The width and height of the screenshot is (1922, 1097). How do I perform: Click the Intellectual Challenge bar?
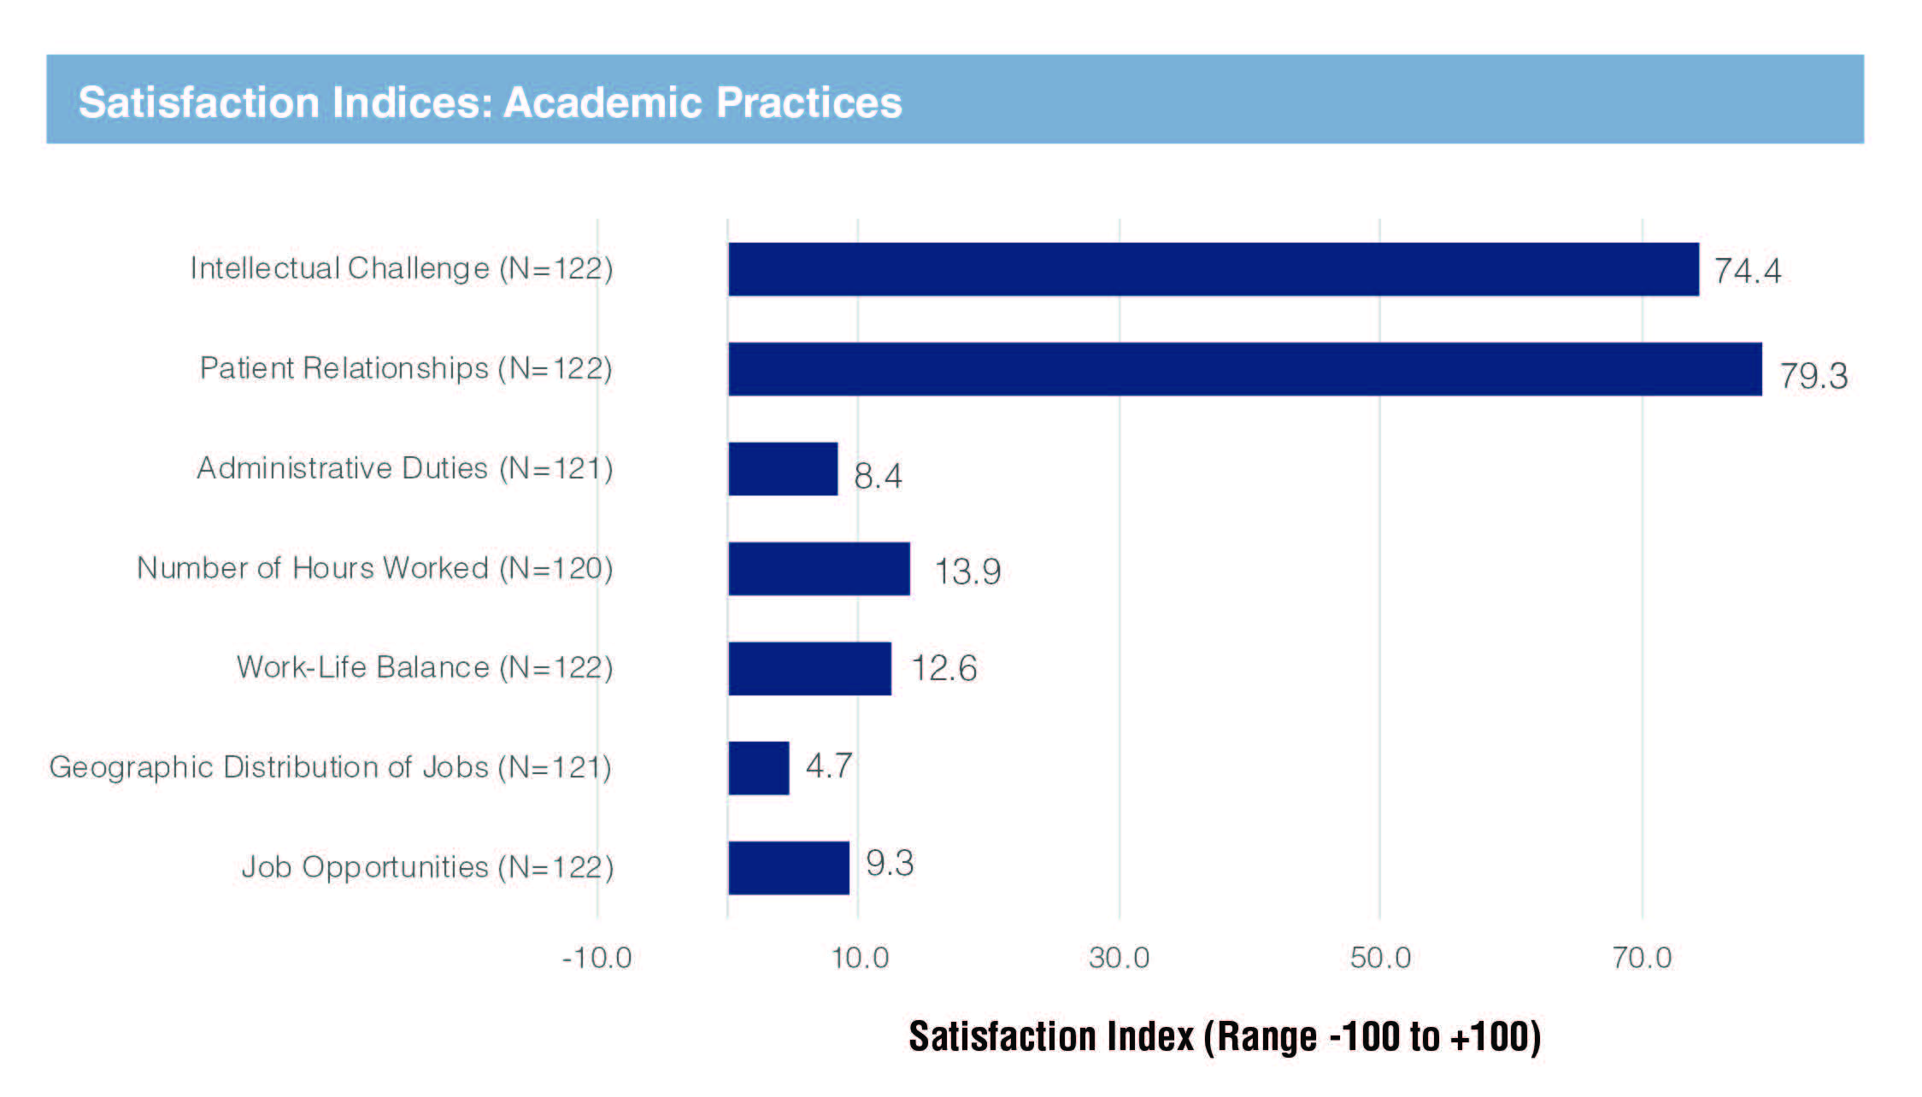click(1213, 269)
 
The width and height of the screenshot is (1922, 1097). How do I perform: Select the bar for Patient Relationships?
click(1244, 369)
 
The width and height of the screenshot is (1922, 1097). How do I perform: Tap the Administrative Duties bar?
click(783, 469)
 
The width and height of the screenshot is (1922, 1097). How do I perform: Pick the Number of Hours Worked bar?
click(819, 569)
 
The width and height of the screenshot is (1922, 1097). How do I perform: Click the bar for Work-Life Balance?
click(809, 669)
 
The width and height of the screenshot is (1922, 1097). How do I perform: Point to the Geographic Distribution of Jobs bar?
click(759, 768)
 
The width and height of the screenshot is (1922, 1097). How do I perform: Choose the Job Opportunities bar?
click(788, 868)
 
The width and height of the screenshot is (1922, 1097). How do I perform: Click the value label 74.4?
click(1748, 271)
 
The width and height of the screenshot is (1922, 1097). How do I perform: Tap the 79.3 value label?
click(1813, 376)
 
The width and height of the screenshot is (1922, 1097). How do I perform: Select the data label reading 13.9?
click(967, 572)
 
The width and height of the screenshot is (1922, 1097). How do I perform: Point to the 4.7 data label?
click(828, 766)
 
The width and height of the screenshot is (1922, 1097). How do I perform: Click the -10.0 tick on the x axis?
click(597, 958)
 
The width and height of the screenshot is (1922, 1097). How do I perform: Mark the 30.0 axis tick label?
click(1119, 958)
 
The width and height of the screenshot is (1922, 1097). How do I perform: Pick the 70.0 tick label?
click(1642, 958)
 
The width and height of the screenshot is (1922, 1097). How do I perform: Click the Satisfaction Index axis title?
click(1225, 1036)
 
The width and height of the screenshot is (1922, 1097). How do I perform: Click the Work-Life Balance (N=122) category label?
click(425, 667)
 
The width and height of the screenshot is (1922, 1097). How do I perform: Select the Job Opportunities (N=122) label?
click(427, 867)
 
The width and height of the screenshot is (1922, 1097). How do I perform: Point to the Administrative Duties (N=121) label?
click(405, 468)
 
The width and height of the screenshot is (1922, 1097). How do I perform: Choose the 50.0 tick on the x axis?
click(1380, 958)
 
